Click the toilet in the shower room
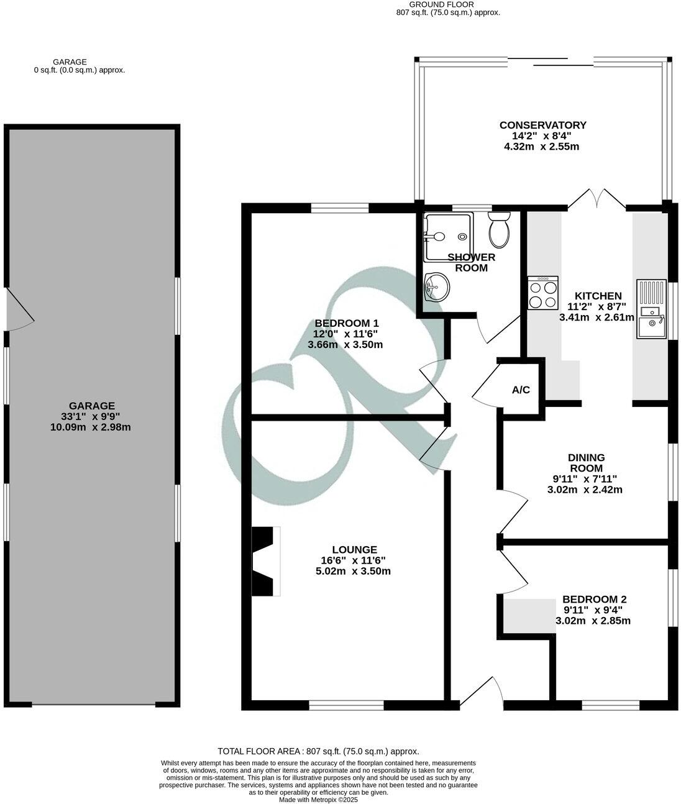click(499, 229)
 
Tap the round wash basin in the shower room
click(437, 286)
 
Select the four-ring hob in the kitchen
click(542, 294)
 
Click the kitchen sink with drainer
click(650, 310)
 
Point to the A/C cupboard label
click(521, 390)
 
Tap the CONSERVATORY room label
click(542, 125)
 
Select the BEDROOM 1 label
click(346, 323)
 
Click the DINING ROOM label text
click(587, 463)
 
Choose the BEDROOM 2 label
click(594, 600)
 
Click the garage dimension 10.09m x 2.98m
click(90, 427)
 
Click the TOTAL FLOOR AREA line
click(318, 751)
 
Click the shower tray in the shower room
click(447, 236)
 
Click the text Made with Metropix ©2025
click(318, 800)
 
